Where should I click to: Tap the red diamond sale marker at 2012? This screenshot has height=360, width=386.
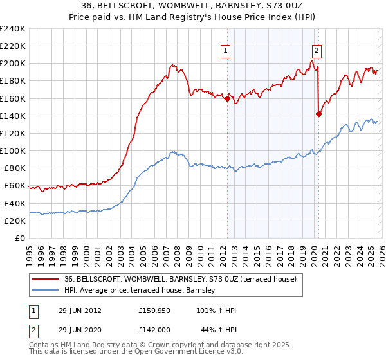pyautogui.click(x=227, y=98)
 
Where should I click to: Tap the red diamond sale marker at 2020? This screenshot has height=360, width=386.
pyautogui.click(x=318, y=114)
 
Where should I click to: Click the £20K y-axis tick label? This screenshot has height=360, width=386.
pyautogui.click(x=15, y=221)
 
